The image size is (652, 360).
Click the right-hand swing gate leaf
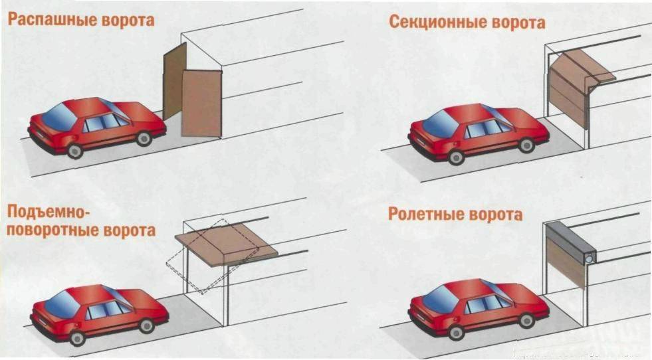(x=201, y=103)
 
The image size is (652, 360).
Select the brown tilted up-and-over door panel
(x=226, y=242)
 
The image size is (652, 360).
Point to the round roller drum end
(x=588, y=256)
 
